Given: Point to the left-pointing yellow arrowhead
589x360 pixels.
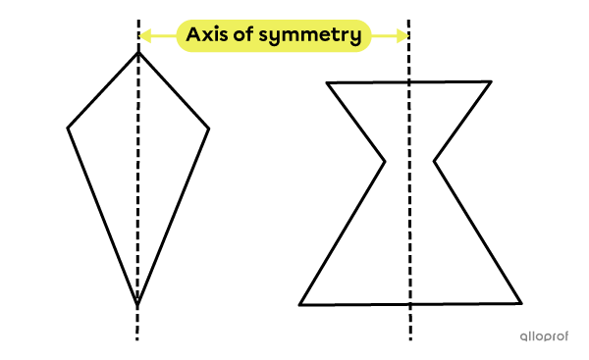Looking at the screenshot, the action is point(144,36).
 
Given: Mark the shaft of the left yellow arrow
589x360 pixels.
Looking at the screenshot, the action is point(163,36).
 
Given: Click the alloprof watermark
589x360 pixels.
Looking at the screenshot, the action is point(544,336).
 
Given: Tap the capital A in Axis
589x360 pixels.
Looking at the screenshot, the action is point(193,35).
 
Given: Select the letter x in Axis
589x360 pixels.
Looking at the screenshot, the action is point(206,36).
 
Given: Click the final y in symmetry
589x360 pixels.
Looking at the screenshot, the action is point(354,38).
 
